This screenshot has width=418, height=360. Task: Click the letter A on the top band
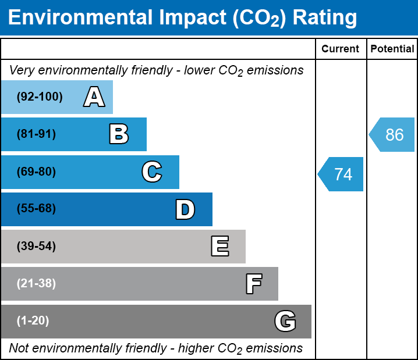point(94,97)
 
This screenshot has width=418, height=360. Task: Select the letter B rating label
point(119,134)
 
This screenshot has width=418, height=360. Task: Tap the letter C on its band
point(151,172)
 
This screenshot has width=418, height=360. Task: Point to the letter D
point(185,209)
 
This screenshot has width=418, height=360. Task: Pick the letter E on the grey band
point(219,247)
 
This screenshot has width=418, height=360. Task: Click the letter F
point(253,284)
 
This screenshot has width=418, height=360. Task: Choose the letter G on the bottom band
point(285,321)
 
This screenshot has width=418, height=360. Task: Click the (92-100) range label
point(40,97)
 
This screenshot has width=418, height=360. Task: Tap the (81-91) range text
point(37,134)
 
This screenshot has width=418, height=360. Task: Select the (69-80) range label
point(37,172)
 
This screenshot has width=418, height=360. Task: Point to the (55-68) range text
point(37,209)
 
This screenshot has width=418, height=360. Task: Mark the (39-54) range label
point(37,247)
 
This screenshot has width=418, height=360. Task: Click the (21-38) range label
point(37,284)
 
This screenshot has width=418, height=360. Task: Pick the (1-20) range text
point(33,321)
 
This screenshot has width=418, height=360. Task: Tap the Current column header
point(341,49)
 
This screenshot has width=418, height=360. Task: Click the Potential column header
point(392,49)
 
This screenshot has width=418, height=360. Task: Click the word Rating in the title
point(324,18)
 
